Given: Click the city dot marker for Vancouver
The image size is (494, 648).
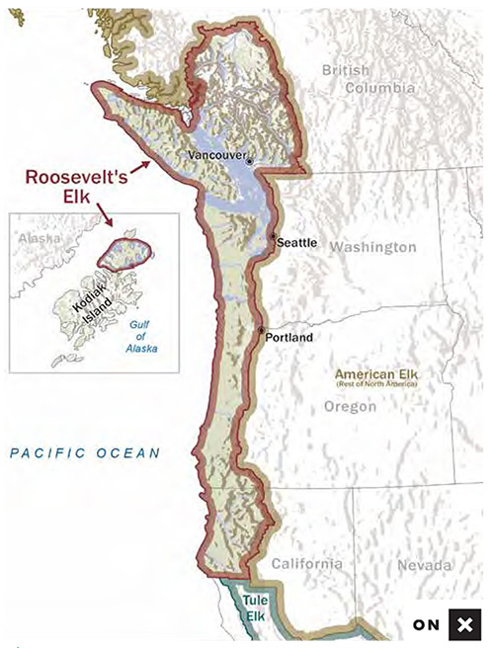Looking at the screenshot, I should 250,161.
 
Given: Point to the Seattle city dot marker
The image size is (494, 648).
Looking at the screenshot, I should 274,237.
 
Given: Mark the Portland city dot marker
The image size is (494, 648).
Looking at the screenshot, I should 261,330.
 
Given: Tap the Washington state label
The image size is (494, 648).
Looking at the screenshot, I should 372,247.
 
